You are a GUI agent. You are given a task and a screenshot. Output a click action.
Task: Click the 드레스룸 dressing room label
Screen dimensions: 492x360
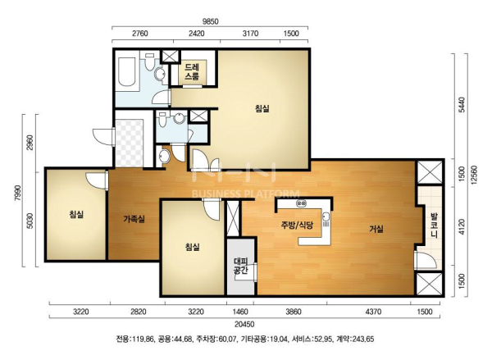click(x=191, y=71)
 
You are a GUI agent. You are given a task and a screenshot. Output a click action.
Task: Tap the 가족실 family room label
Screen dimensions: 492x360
click(x=134, y=219)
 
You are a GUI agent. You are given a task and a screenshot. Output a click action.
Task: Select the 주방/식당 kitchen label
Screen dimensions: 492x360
click(x=297, y=225)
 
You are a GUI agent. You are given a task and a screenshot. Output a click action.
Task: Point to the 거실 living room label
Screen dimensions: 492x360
click(x=376, y=229)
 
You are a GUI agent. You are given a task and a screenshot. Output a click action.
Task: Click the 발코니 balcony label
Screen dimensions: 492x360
click(x=435, y=226)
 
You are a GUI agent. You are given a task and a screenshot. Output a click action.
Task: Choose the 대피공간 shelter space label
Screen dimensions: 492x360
click(x=241, y=266)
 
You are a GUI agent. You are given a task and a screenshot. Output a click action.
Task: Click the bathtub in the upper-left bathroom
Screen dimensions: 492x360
click(x=126, y=71)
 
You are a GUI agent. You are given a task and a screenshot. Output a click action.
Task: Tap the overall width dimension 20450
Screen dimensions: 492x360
click(x=245, y=324)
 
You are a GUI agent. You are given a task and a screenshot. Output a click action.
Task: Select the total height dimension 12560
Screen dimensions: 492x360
click(x=474, y=175)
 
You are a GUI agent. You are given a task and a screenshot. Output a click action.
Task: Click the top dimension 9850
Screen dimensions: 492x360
click(x=210, y=21)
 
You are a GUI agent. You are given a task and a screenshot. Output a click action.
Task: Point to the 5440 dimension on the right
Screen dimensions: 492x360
click(x=461, y=105)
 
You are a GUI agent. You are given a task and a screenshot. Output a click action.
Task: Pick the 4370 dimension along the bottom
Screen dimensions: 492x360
click(x=374, y=312)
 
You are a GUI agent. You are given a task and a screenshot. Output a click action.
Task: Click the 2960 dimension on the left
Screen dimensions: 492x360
click(x=30, y=143)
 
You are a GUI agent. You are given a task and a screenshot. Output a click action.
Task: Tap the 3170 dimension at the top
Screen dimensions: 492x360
click(x=250, y=34)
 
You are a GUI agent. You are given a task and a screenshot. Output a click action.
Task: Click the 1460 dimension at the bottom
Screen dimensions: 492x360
click(x=240, y=312)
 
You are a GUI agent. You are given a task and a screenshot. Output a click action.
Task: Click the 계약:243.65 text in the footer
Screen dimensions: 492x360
click(x=355, y=339)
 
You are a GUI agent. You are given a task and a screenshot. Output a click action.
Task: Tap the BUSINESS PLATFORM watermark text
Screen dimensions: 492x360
click(x=246, y=194)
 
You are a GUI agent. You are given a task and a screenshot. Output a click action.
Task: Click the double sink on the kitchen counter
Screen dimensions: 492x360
click(x=301, y=203)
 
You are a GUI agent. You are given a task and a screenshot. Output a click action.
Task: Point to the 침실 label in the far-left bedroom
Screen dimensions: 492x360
click(x=76, y=214)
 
